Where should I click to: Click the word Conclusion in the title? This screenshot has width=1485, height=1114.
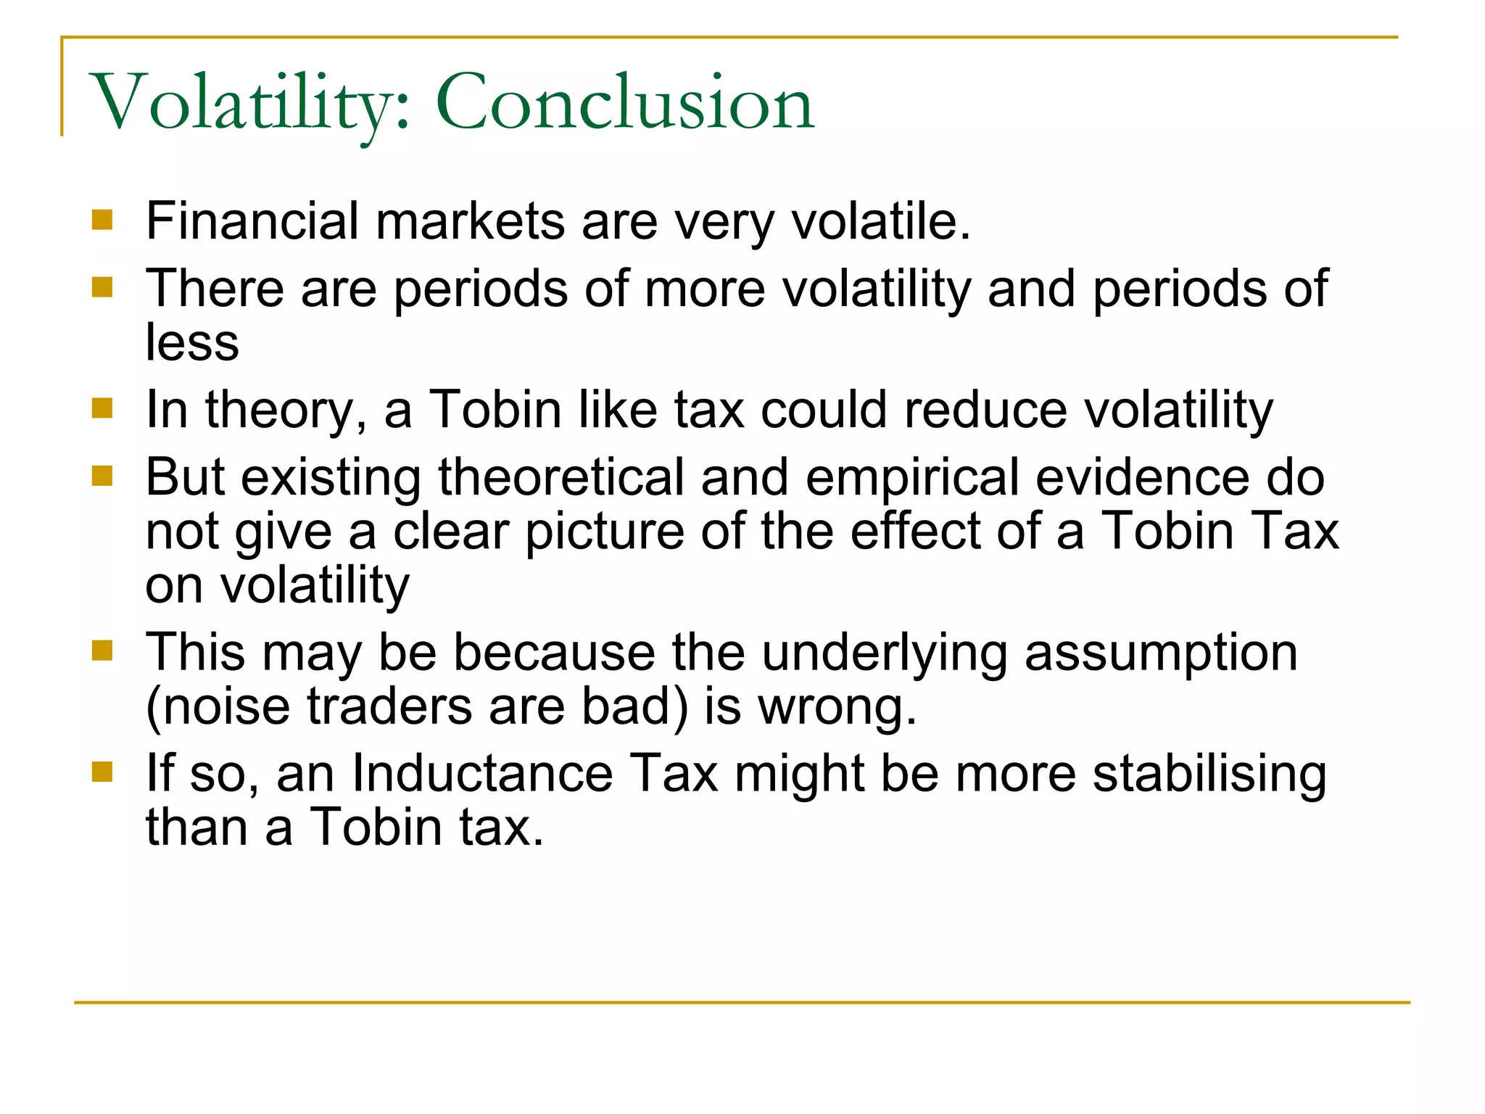(625, 103)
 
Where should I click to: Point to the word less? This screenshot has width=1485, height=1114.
(192, 342)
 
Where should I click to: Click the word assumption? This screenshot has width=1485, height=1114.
(1161, 652)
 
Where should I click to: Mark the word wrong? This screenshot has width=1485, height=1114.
(837, 707)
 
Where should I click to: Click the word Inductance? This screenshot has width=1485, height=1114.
(482, 773)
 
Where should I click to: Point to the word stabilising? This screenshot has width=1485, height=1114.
(1209, 775)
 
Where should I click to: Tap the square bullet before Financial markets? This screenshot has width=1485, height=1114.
(103, 220)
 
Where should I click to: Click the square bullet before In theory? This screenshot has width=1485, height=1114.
(103, 409)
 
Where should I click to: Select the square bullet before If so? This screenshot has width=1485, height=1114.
(103, 772)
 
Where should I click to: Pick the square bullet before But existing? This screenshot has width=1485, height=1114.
(103, 476)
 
